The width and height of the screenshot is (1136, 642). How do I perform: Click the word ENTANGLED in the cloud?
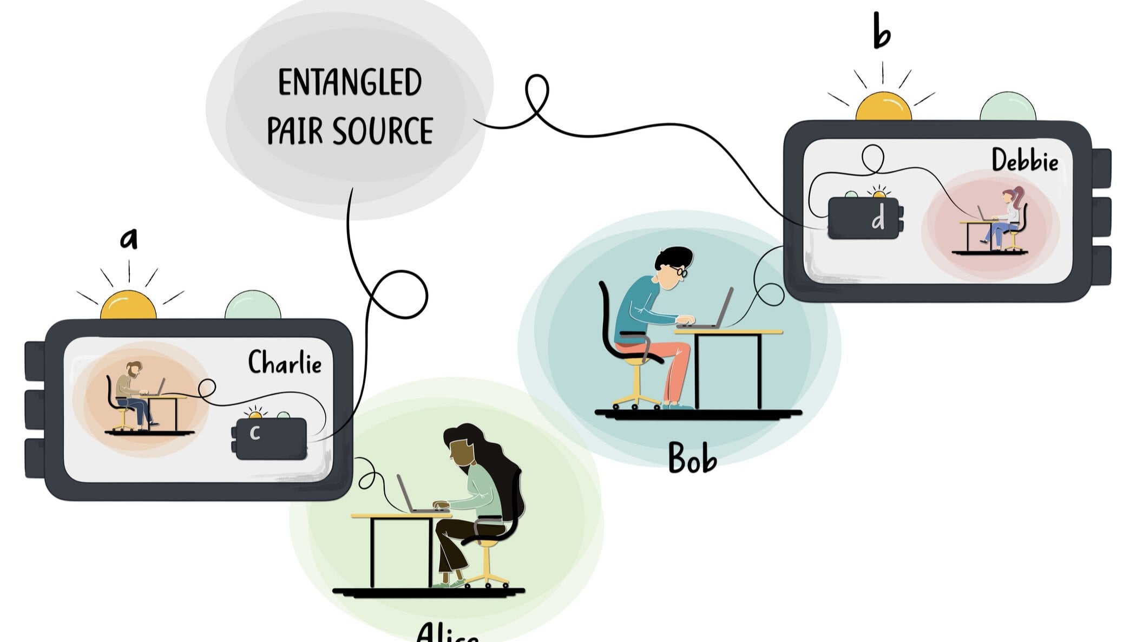coord(350,82)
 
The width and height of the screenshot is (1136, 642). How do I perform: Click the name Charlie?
coord(285,362)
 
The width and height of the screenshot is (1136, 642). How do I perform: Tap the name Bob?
coord(692,458)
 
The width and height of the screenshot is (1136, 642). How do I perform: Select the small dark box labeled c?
coord(271,438)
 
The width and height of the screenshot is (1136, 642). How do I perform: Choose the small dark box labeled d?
coord(864,218)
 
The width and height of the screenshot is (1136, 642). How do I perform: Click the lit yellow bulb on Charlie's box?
coord(128,306)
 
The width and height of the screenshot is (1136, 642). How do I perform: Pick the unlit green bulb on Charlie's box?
coord(253,306)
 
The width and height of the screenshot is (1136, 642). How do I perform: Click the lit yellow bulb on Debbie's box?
coord(883,107)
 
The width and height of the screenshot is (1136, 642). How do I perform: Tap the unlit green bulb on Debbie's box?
coord(1008,107)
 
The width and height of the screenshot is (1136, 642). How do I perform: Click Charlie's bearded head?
coord(134,370)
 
